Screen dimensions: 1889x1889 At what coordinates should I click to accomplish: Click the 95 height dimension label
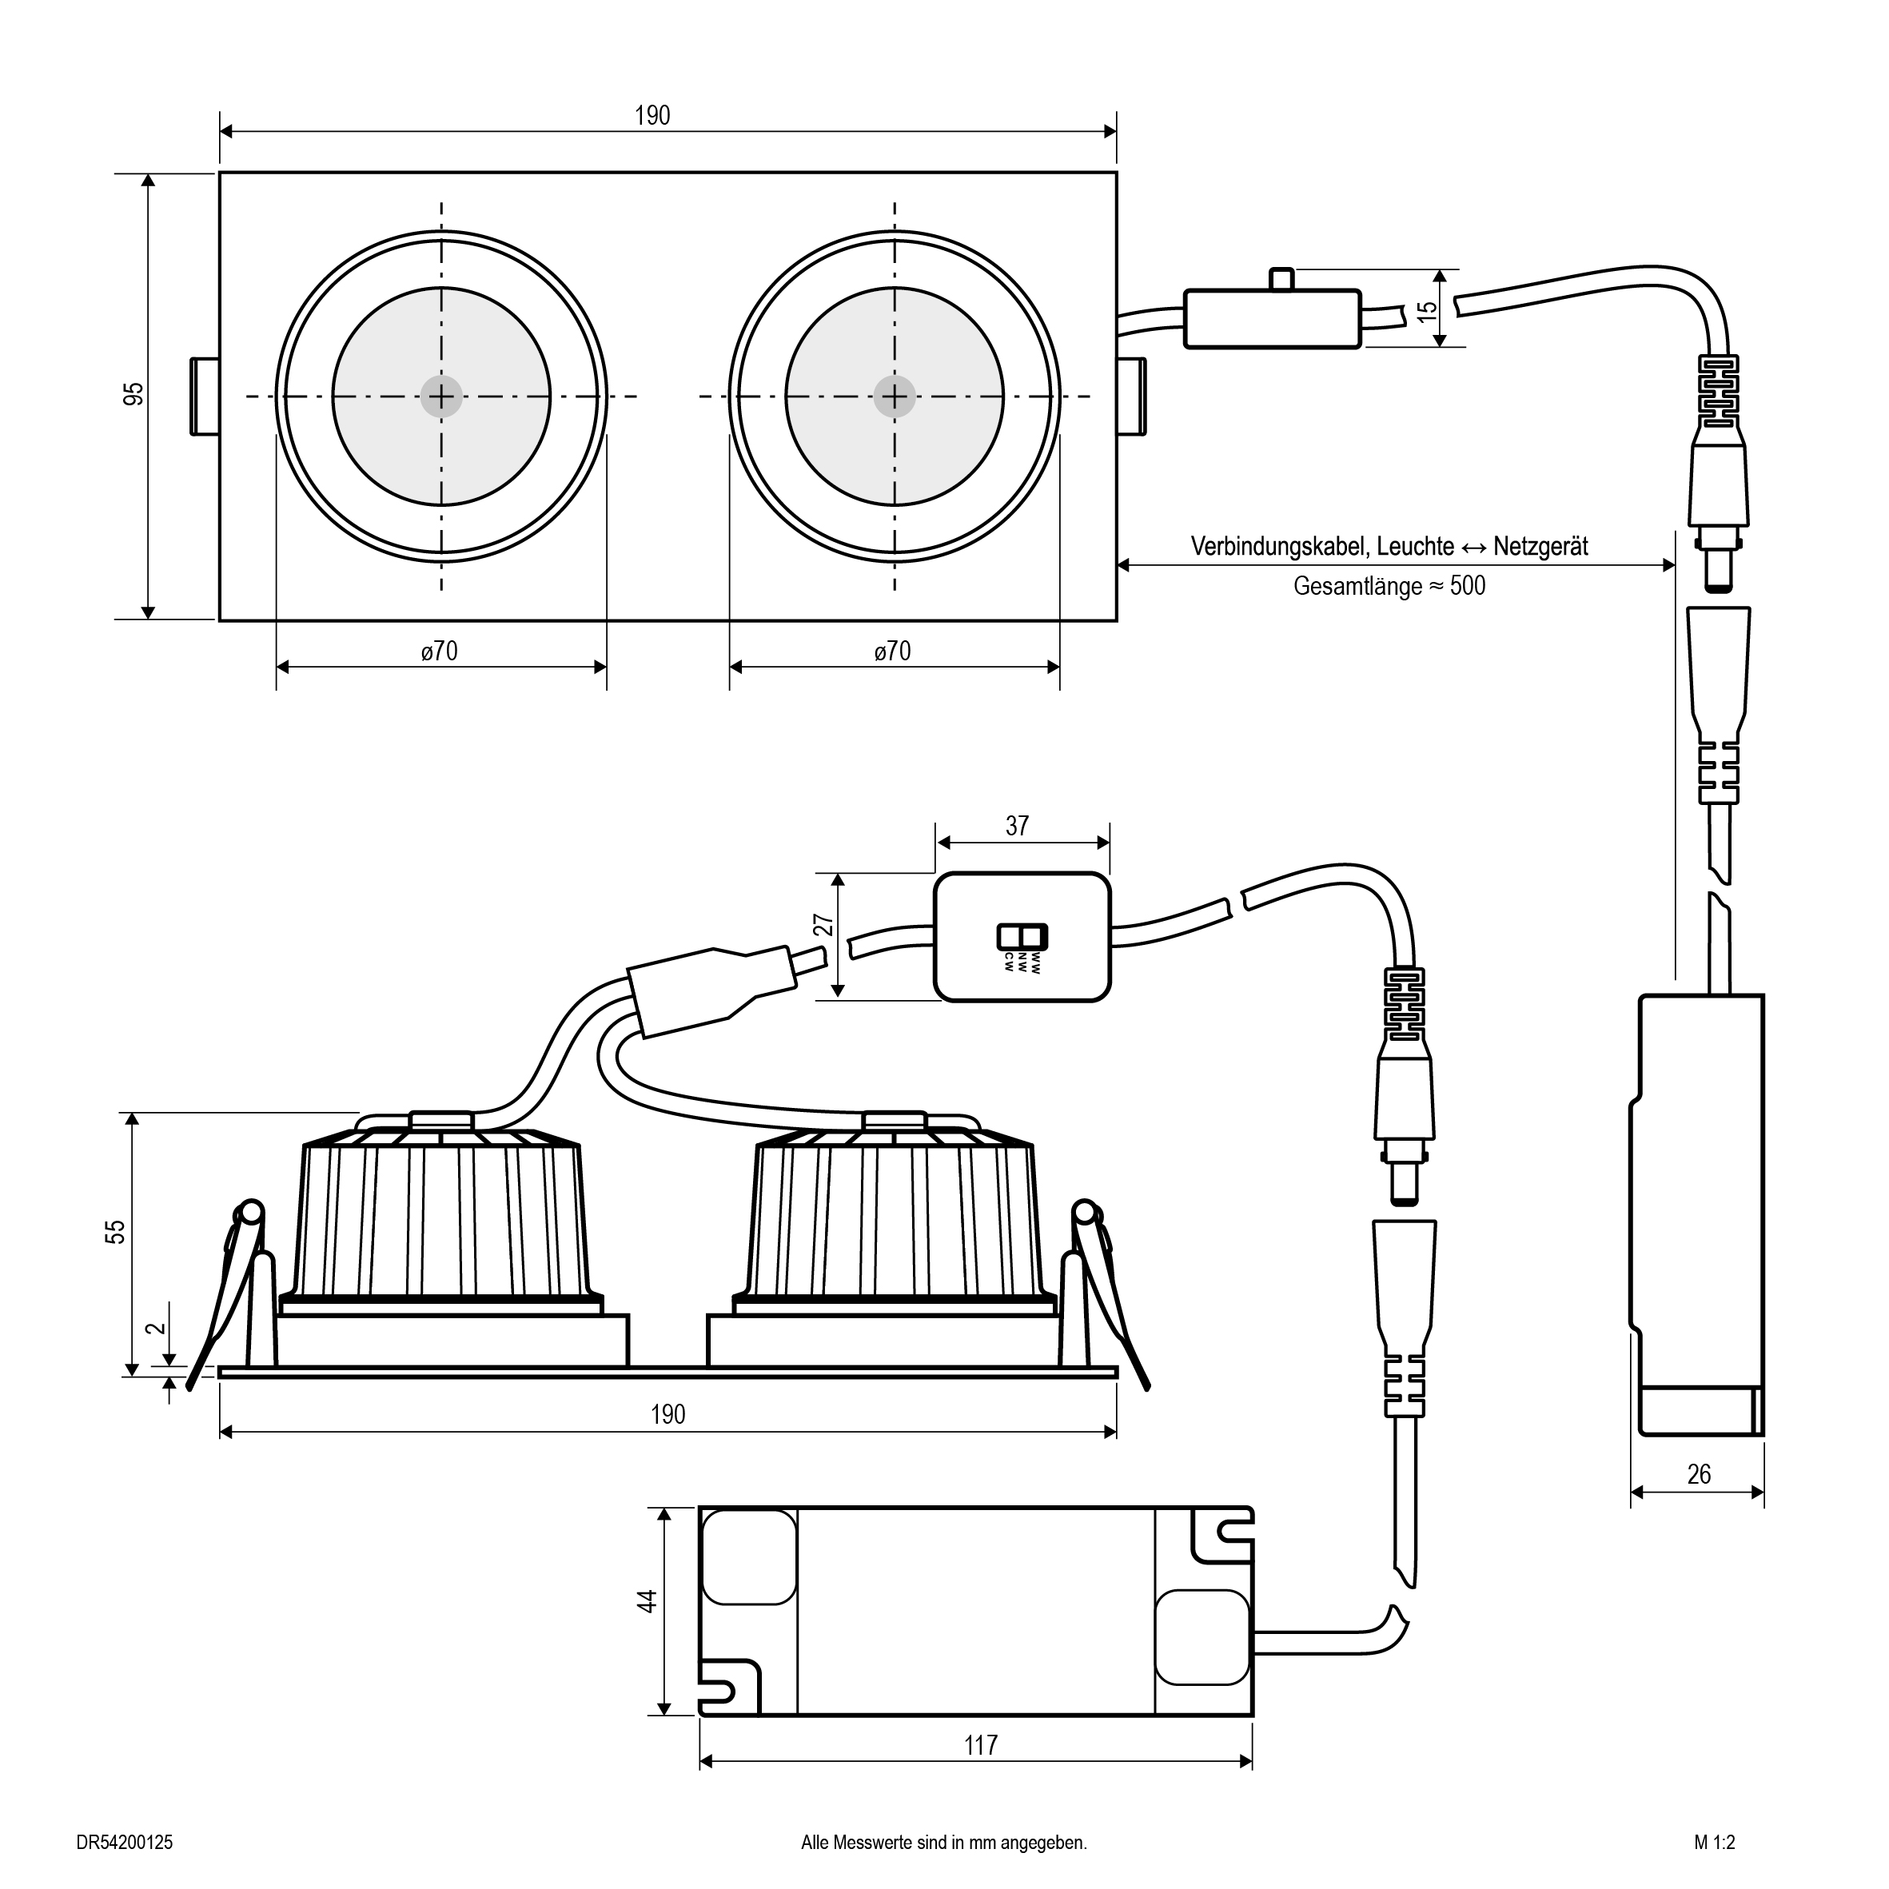(135, 394)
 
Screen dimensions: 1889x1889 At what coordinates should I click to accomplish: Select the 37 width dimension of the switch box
(1017, 827)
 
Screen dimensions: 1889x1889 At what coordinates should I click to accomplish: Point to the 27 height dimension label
(824, 925)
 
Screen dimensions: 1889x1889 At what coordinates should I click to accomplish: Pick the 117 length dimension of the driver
(981, 1745)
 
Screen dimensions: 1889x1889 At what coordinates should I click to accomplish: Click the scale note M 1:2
(1715, 1842)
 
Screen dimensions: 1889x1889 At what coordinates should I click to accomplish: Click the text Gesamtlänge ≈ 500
(1389, 587)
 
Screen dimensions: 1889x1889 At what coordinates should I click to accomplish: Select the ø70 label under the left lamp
(439, 652)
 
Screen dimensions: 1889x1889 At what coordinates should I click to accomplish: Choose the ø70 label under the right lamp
(893, 652)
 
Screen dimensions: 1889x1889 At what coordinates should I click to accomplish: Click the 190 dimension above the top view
(652, 115)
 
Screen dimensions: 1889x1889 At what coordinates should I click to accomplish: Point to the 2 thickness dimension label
(153, 1329)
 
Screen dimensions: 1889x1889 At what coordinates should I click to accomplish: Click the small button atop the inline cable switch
(1281, 280)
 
